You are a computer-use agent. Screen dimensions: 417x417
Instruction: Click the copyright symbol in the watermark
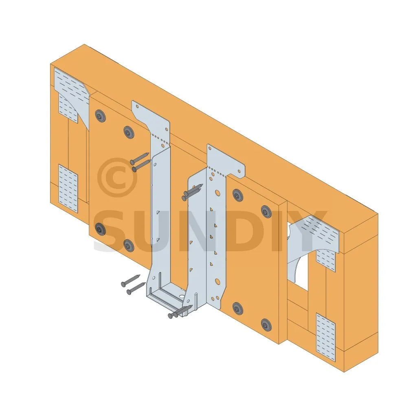(117, 178)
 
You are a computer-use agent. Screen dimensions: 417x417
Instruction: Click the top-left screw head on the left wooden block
(100, 116)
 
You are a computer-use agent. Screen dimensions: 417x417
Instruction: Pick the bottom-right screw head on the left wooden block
(129, 245)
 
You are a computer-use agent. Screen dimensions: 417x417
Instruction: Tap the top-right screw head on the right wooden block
(266, 211)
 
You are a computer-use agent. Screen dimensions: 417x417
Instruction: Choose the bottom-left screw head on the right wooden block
(237, 308)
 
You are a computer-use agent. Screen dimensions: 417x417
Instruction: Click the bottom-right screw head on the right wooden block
(266, 325)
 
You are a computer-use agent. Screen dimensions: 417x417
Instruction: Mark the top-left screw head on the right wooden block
(237, 195)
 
